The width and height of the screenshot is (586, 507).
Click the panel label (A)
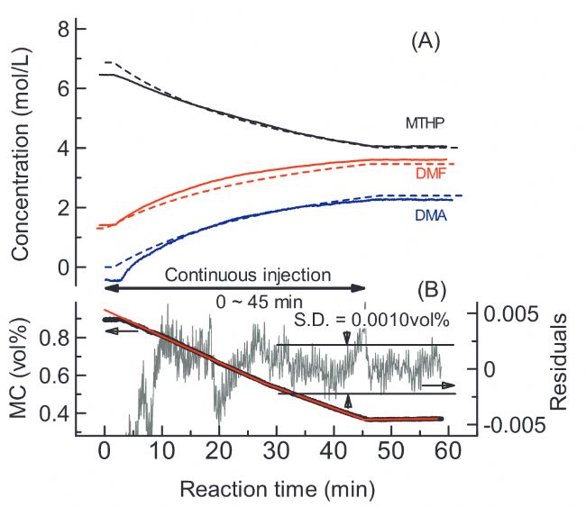click(x=425, y=41)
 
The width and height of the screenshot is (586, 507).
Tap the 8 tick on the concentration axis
click(x=64, y=29)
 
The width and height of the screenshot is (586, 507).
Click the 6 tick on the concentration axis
click(x=64, y=88)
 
